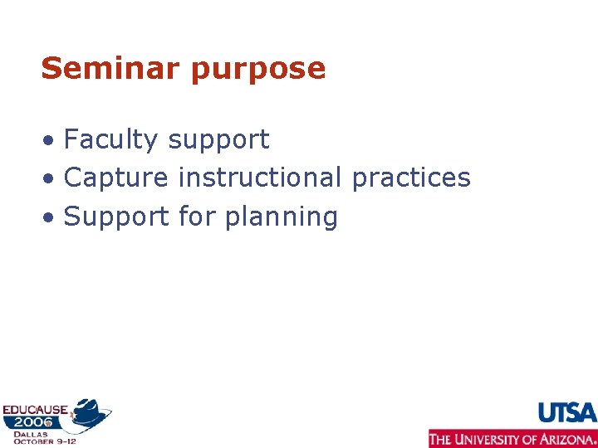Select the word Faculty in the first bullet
point(110,140)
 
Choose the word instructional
point(260,178)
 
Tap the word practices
point(411,178)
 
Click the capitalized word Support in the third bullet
point(117,217)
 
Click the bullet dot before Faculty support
point(51,141)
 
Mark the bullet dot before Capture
point(51,179)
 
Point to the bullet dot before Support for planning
point(51,218)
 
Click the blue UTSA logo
point(567,412)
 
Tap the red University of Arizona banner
point(512,438)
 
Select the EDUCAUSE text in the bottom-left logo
point(34,409)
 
